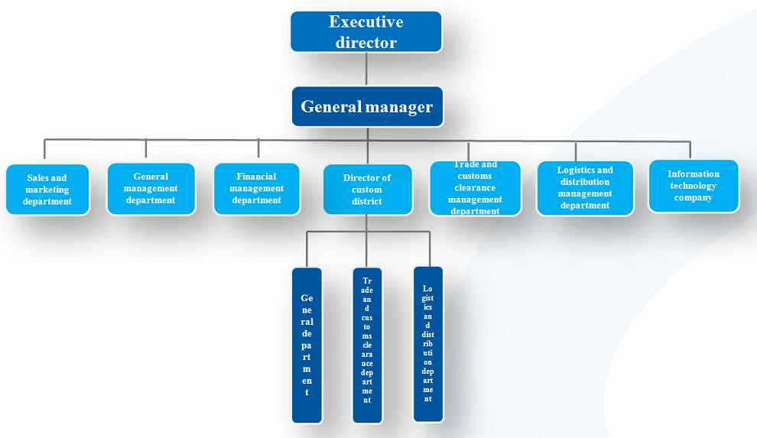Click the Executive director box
pos(366,32)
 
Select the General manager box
pos(367,107)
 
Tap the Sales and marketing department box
pos(47,190)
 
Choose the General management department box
pos(151,188)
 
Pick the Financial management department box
pos(257,188)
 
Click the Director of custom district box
pos(367,190)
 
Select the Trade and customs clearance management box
pos(475,188)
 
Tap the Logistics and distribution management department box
pos(585,188)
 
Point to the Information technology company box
pos(694,186)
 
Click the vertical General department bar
pos(307,345)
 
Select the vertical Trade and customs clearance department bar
pos(368,345)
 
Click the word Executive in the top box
pos(366,22)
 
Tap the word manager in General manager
pos(398,107)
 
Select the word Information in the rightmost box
pos(694,174)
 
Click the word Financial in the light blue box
pos(257,177)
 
